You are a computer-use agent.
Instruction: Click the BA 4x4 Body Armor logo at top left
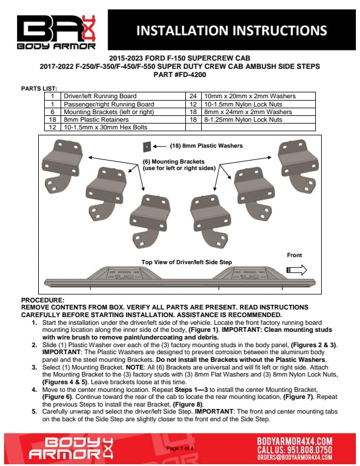(56, 32)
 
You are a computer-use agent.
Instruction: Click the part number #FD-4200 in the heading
(190, 75)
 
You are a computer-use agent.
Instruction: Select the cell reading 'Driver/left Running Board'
(123, 96)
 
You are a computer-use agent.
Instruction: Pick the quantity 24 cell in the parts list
(193, 96)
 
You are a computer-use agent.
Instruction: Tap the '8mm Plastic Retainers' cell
(123, 119)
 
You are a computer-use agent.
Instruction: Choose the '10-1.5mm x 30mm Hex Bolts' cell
(123, 127)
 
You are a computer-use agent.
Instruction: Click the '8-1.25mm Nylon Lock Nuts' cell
(258, 119)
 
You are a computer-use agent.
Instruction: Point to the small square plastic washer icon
(146, 147)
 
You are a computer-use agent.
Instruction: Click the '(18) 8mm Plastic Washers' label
(206, 146)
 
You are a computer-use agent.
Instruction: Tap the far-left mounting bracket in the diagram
(62, 166)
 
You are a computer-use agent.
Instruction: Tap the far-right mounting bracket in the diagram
(298, 166)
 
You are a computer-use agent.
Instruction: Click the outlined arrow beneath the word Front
(296, 270)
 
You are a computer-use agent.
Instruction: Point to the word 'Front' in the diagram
(294, 255)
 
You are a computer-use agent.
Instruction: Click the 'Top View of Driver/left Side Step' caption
(186, 262)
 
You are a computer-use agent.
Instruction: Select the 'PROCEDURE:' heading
(43, 300)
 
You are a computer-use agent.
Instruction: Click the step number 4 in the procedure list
(35, 390)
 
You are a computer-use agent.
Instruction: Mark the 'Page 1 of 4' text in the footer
(180, 448)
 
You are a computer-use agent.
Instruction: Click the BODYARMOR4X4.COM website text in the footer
(294, 441)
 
